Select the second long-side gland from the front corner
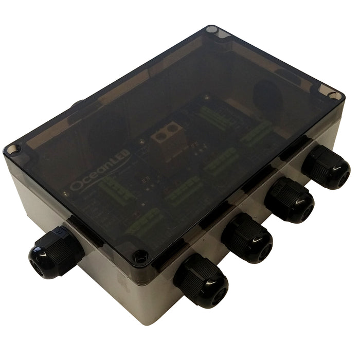(x=246, y=238)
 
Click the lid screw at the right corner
(x=333, y=96)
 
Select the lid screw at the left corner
(x=13, y=149)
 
